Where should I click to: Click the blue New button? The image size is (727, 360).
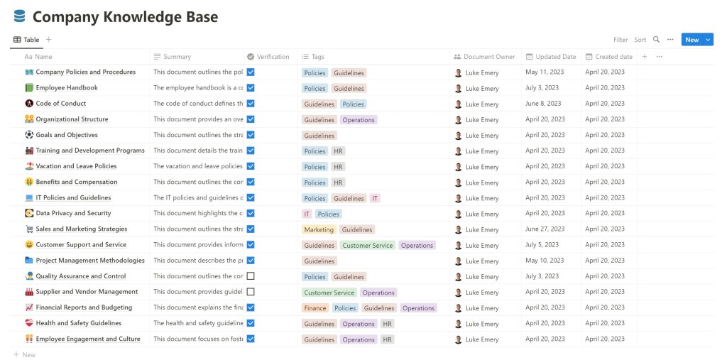tap(692, 40)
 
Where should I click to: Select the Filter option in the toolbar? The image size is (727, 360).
tap(621, 40)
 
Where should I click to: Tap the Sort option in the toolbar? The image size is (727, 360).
tap(640, 40)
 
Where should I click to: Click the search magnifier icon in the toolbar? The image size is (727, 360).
tap(656, 40)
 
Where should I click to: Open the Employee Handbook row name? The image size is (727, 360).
tap(67, 88)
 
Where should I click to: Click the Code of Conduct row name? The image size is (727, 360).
tap(61, 104)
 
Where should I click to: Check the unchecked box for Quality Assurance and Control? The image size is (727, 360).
tap(251, 276)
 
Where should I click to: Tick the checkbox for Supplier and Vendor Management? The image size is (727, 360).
tap(251, 292)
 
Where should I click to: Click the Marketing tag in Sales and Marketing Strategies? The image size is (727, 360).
tap(318, 229)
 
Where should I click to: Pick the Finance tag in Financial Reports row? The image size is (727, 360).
tap(315, 308)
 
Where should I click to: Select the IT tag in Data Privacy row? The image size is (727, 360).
tap(307, 214)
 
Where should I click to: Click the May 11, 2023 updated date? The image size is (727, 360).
tap(545, 72)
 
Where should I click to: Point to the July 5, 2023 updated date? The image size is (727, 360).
tap(542, 245)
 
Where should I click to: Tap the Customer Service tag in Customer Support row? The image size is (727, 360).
tap(367, 246)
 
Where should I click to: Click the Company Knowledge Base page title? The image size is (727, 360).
tap(125, 16)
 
